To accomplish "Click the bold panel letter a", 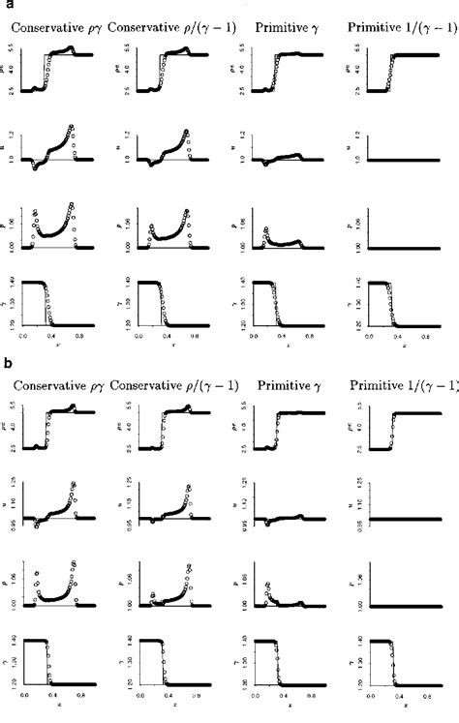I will pyautogui.click(x=6, y=5).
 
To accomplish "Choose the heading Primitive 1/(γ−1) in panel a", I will pyautogui.click(x=395, y=29).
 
